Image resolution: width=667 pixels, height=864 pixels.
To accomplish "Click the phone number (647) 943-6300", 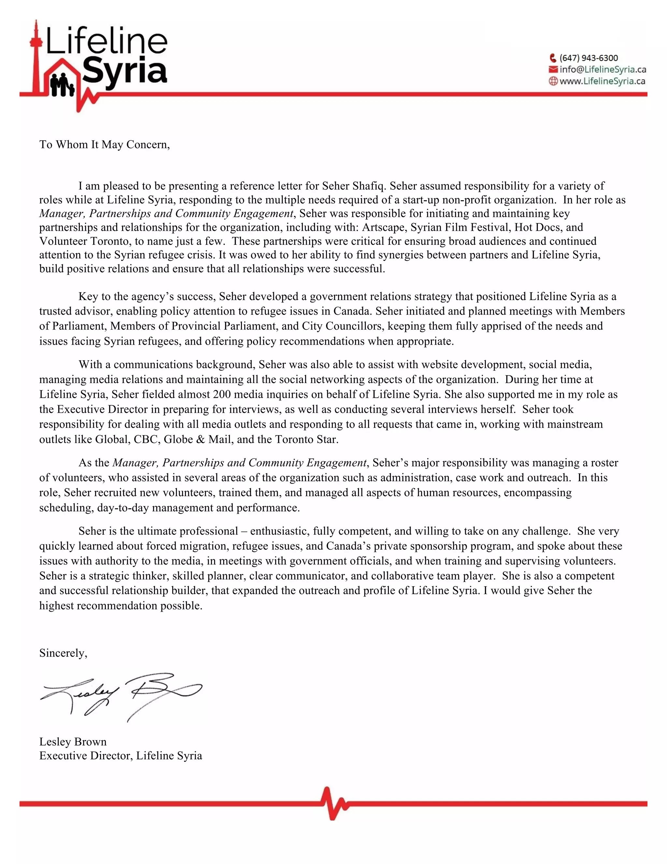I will coord(589,58).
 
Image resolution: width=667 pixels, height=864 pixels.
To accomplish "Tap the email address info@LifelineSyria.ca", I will coord(603,70).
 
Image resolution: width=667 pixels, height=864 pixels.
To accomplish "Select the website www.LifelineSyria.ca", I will coord(602,81).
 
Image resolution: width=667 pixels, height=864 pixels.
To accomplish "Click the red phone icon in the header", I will coord(553,58).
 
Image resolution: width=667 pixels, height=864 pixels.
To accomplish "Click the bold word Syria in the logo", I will coord(125,71).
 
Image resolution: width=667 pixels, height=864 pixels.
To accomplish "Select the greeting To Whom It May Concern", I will coord(104,145).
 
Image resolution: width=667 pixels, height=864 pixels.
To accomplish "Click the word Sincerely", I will coord(63,653).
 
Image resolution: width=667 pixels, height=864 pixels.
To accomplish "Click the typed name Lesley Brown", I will coord(73,742).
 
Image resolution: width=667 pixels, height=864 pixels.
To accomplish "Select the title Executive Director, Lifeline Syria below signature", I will coord(121,756).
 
